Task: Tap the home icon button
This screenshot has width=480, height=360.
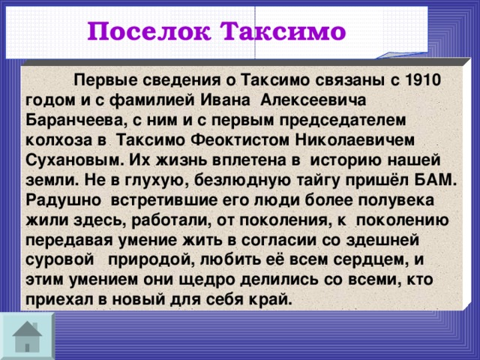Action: click(x=27, y=335)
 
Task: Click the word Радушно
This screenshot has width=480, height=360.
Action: click(x=62, y=201)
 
